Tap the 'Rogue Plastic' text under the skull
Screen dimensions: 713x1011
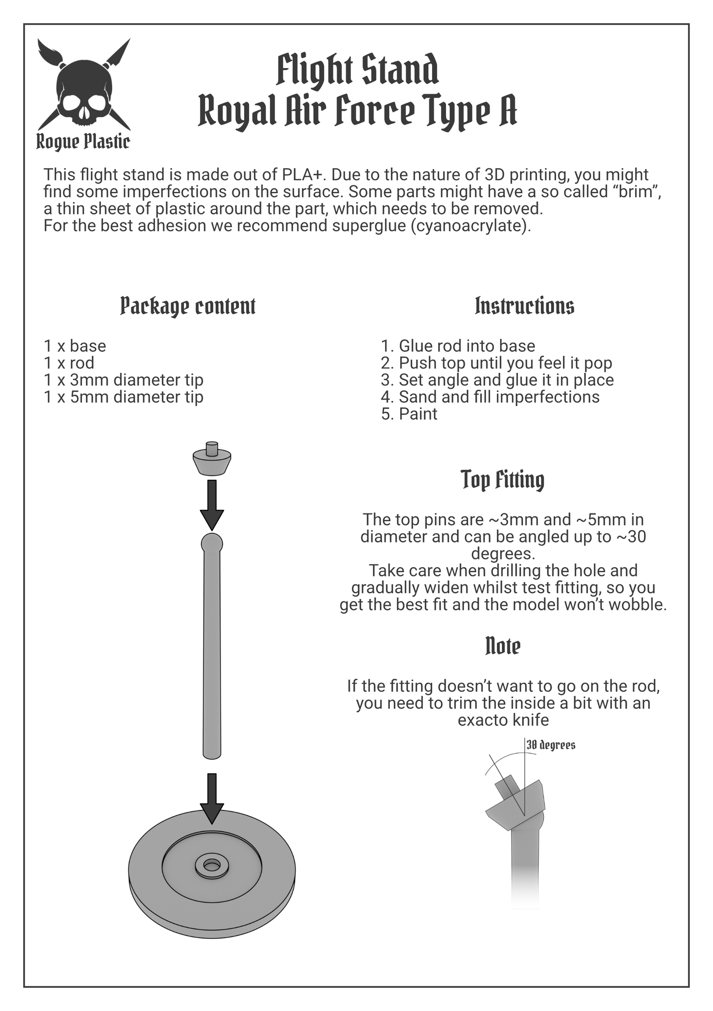click(x=83, y=142)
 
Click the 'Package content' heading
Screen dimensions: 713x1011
click(x=188, y=306)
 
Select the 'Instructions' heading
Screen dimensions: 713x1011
click(x=524, y=306)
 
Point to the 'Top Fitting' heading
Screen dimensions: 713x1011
click(x=503, y=479)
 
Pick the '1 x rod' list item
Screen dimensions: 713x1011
click(x=69, y=363)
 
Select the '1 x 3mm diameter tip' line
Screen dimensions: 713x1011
click(x=124, y=380)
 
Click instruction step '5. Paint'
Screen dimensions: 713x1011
click(x=409, y=413)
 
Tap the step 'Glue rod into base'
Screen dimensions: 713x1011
click(x=467, y=346)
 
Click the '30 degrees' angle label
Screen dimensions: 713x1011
click(x=551, y=745)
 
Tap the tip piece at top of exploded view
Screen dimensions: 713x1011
click(x=212, y=459)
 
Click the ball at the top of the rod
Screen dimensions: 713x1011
click(x=212, y=543)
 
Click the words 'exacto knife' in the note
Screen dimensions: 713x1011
click(x=503, y=720)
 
